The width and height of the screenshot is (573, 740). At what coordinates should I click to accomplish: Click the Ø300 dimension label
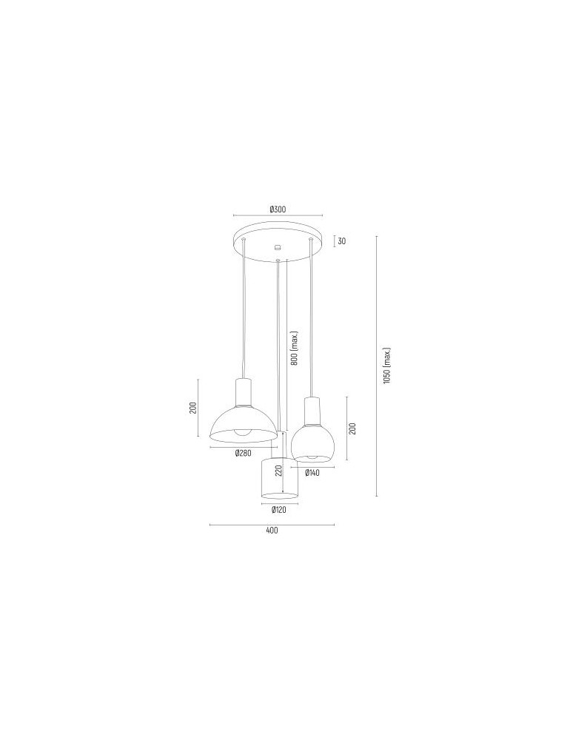278,209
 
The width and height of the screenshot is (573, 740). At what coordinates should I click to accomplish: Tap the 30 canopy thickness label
341,240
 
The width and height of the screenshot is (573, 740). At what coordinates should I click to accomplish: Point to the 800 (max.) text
294,349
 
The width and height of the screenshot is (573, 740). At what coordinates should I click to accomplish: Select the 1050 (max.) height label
386,365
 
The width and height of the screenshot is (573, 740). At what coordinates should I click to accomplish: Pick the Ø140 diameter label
312,472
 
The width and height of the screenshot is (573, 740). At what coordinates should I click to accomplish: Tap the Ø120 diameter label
279,510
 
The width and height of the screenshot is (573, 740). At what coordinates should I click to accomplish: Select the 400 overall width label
272,531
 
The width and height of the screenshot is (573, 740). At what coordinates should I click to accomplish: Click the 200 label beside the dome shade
192,408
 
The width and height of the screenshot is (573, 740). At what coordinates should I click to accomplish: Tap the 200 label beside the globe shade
353,428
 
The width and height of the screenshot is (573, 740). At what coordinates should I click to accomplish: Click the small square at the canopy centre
278,248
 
